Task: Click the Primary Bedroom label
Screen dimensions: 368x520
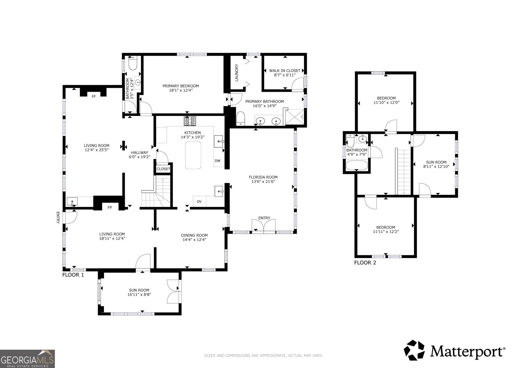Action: [x=181, y=86]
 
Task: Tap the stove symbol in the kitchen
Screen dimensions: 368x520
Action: [x=190, y=121]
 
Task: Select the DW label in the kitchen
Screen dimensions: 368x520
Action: [x=217, y=161]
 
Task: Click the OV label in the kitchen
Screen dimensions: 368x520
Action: [x=199, y=202]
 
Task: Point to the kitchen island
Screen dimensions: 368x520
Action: [x=193, y=155]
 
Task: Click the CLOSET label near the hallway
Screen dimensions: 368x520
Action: [x=163, y=169]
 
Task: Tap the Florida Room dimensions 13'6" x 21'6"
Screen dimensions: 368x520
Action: [x=263, y=182]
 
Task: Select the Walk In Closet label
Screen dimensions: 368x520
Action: [x=285, y=71]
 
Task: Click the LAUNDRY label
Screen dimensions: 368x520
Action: [x=237, y=73]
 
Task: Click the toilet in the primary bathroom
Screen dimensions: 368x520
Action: [x=240, y=118]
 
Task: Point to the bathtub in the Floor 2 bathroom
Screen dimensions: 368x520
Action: [x=357, y=165]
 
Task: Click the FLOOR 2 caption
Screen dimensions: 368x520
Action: [x=365, y=263]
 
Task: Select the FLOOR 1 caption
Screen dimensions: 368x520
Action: [x=73, y=275]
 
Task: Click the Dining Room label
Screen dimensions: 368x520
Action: [x=194, y=235]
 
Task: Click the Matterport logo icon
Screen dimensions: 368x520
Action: [x=414, y=350]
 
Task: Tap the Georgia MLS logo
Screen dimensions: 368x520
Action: [x=27, y=359]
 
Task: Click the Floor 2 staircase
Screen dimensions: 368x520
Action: [x=404, y=171]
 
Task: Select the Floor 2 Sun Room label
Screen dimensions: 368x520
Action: [x=436, y=162]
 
